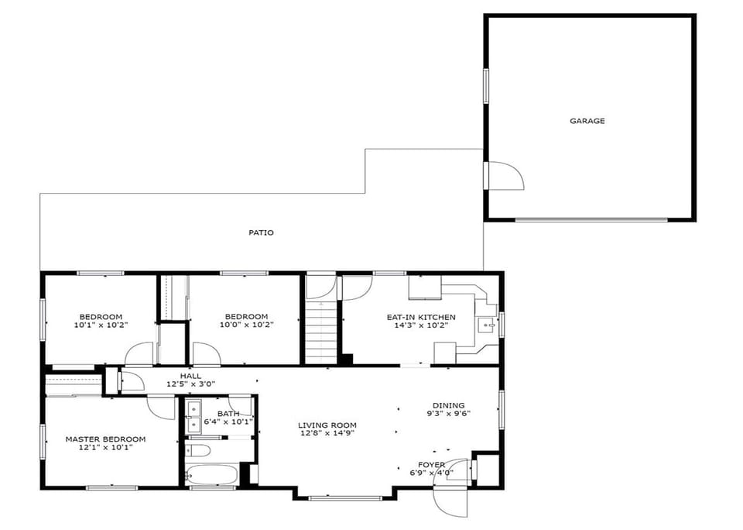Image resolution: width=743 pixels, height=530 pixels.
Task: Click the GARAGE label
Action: click(587, 121)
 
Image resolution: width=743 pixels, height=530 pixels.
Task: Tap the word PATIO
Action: click(261, 232)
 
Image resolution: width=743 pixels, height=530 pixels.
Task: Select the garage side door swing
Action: click(505, 176)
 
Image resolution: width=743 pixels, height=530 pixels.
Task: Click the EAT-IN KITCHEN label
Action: click(421, 317)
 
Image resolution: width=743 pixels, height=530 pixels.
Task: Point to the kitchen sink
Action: click(487, 325)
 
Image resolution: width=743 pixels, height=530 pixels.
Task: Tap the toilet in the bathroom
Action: click(197, 450)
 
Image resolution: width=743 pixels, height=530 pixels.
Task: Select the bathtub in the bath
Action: click(211, 474)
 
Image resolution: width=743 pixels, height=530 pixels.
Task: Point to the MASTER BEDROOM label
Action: click(105, 439)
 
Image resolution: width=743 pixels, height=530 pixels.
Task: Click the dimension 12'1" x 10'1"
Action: click(105, 447)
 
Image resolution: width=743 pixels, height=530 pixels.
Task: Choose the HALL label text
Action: click(190, 376)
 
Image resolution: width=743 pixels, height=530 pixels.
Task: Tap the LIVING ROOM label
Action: click(327, 425)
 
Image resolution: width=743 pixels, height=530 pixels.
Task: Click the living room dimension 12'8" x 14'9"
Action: click(327, 433)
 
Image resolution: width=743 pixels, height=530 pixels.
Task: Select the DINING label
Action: click(448, 405)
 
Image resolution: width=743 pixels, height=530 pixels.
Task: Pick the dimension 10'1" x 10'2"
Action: click(101, 325)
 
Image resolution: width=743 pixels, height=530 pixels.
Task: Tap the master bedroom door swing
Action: click(162, 408)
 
